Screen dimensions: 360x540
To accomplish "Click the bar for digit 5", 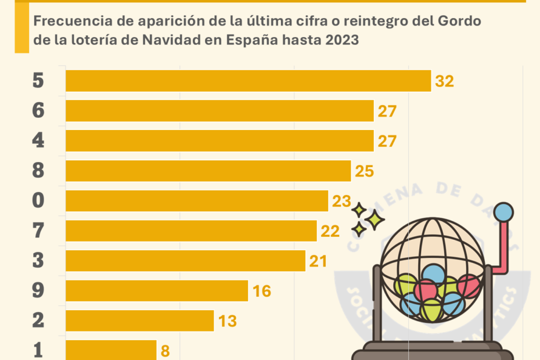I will pos(248,81).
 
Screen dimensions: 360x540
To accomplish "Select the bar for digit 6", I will pos(219,111).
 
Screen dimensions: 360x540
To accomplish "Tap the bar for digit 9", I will pos(157,291).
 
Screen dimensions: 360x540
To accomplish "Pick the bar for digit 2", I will pos(139,321).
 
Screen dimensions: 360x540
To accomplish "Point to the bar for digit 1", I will pos(111,350).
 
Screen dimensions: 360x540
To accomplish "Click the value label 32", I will pos(444,81).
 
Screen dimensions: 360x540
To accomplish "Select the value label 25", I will pos(364,171).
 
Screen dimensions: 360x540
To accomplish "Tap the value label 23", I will pos(341,201).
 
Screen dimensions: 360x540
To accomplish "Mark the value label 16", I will pos(262,291).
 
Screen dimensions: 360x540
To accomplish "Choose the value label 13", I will pos(227,321).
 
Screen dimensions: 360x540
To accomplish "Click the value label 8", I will pos(164,351).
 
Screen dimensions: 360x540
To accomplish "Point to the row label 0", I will pos(38,201).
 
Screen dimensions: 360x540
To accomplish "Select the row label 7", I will pos(38,231).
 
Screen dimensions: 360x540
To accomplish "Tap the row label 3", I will pos(38,261).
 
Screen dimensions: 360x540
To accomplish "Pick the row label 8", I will pos(38,171).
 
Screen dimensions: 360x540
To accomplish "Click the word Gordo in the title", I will pos(460,22).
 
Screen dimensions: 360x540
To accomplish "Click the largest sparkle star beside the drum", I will pos(375,219).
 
